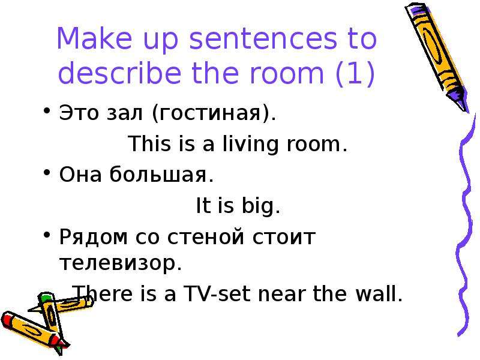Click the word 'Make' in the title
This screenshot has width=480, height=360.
(94, 38)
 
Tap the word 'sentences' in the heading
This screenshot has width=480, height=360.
(262, 39)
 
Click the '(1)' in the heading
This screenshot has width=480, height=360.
(355, 74)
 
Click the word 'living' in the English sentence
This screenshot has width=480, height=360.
(250, 144)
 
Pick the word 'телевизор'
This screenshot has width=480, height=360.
(118, 263)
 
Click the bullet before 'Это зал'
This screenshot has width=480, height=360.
(47, 110)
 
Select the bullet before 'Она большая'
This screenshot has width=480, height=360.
(47, 172)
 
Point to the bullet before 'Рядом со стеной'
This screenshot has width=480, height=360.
(47, 235)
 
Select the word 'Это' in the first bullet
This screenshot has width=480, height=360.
(79, 113)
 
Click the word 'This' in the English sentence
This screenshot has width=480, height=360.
(149, 143)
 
